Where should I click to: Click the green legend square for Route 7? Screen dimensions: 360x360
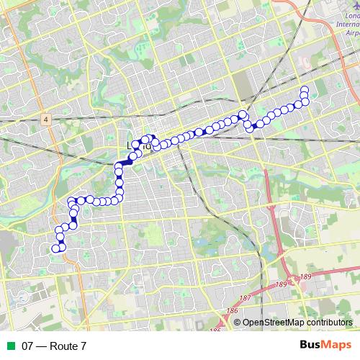pos(9,346)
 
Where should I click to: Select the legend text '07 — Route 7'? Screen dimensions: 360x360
pos(54,346)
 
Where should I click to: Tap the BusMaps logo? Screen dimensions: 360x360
pos(325,346)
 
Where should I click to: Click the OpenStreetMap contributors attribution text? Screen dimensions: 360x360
pos(296,323)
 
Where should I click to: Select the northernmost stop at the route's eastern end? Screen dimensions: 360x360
pos(305,90)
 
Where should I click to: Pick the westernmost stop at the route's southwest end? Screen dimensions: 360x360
pos(55,248)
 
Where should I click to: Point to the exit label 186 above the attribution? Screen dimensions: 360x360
pos(232,311)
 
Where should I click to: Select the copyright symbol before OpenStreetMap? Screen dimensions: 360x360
pos(238,323)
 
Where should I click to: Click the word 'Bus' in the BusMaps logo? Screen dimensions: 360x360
pos(310,346)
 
